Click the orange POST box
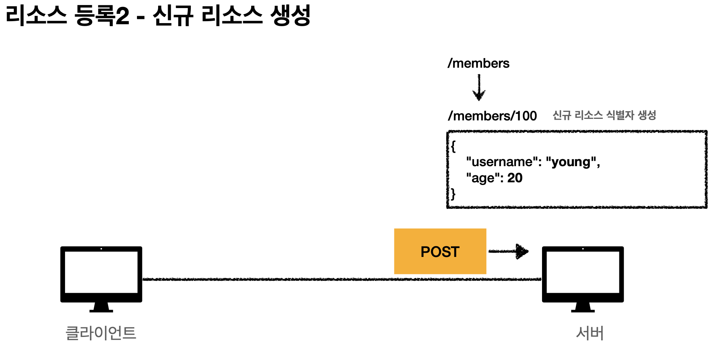pos(440,251)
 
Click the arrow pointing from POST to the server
pos(509,251)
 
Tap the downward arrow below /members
pos(479,88)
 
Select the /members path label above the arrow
pos(478,63)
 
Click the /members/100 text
pos(492,116)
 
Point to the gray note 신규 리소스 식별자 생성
pos(604,115)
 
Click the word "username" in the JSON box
pos(502,162)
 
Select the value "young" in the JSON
pos(571,162)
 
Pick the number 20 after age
pos(515,178)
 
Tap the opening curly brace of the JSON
pos(453,146)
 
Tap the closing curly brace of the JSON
pos(453,193)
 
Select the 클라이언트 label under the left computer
pos(101,333)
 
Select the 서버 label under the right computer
pos(589,333)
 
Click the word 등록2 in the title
pos(102,16)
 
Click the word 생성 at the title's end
pos(290,16)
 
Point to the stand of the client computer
pos(101,307)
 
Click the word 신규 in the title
pos(172,16)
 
